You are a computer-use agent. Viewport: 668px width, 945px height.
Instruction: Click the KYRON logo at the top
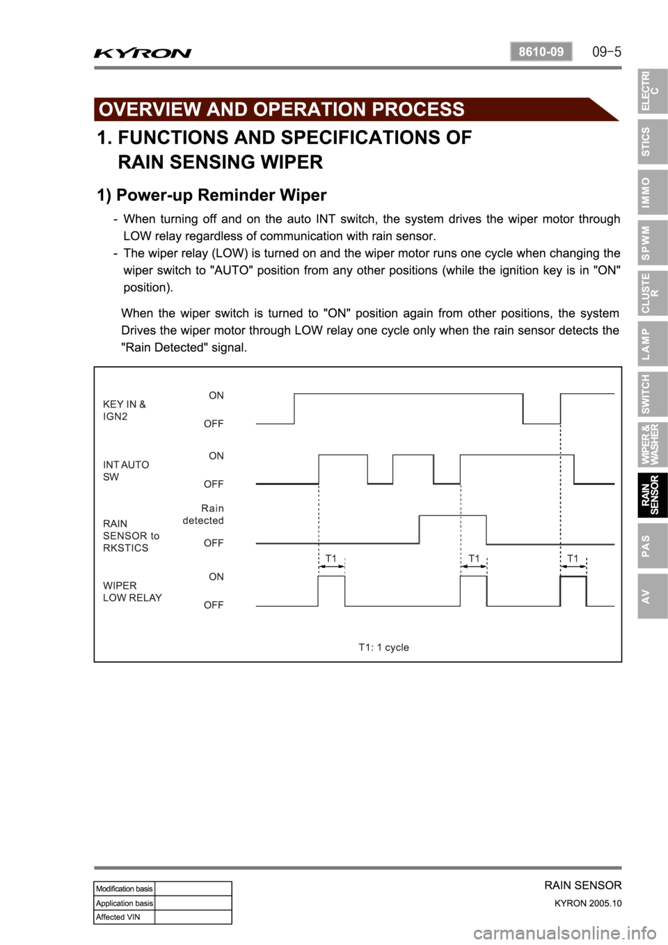click(143, 53)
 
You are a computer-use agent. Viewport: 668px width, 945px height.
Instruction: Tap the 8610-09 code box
click(541, 51)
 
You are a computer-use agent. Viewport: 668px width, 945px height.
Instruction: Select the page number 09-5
click(607, 51)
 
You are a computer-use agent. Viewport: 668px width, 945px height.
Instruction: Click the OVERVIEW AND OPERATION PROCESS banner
click(282, 109)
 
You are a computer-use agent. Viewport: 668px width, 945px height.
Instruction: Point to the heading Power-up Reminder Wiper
click(212, 195)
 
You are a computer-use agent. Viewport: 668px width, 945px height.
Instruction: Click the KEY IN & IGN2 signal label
click(124, 410)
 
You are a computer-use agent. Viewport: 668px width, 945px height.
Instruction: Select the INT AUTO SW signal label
click(125, 470)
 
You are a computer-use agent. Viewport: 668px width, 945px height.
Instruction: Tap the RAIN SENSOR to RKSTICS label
click(131, 536)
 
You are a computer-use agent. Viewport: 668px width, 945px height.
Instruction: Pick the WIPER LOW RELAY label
click(132, 591)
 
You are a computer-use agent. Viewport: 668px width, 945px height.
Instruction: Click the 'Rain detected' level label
click(204, 514)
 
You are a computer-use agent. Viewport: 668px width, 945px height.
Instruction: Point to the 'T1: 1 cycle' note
click(383, 647)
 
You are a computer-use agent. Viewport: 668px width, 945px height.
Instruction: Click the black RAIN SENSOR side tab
click(651, 495)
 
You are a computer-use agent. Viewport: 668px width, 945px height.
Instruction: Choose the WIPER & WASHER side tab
click(651, 444)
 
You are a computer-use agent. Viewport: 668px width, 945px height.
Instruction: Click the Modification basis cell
click(124, 889)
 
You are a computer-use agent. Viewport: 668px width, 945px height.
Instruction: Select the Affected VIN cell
click(124, 917)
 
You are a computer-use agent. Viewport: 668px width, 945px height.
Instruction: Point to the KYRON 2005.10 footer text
click(588, 903)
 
